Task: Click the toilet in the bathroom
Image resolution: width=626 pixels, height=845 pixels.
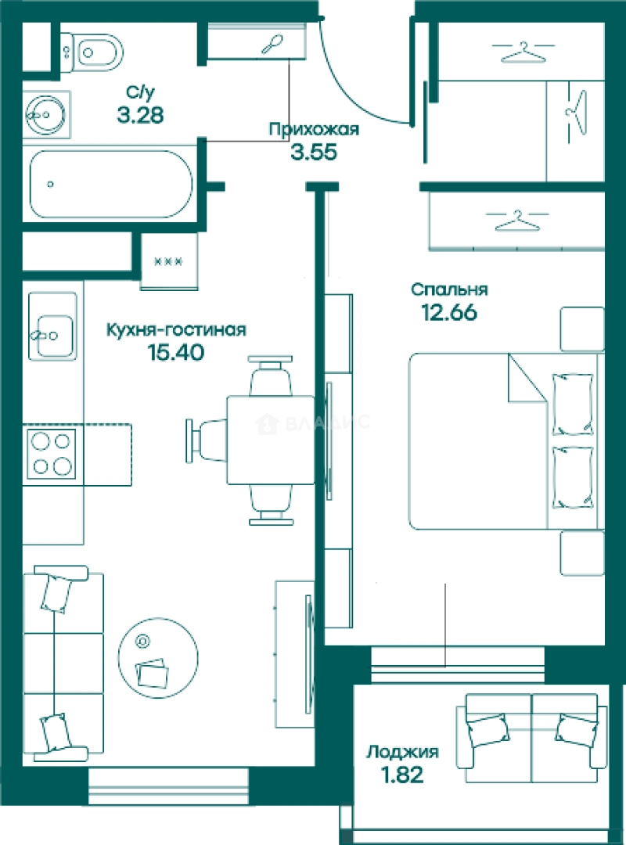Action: (x=92, y=52)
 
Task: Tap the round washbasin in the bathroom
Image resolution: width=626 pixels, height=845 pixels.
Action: (x=46, y=115)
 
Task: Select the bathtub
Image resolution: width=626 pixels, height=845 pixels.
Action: (x=110, y=184)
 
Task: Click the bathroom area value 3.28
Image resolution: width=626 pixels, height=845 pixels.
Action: (x=140, y=115)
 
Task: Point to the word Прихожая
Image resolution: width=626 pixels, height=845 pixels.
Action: (x=314, y=129)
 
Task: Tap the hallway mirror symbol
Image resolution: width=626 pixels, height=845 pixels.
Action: (x=272, y=45)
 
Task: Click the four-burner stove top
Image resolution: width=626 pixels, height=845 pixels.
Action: (x=52, y=455)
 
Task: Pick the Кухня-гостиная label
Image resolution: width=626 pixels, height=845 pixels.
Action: (x=176, y=329)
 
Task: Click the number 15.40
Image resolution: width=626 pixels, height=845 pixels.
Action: (x=176, y=352)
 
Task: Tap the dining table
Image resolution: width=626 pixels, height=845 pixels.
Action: (x=270, y=440)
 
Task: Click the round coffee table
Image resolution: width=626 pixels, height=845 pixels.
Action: (x=158, y=658)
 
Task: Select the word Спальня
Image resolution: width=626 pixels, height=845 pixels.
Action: (x=449, y=289)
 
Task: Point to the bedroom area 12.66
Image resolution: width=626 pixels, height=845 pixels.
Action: (x=449, y=312)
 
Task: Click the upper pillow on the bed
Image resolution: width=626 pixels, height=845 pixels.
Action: (x=573, y=405)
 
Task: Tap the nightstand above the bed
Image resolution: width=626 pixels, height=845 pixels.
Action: (x=582, y=329)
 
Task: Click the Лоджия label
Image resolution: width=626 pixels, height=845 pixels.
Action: (x=403, y=752)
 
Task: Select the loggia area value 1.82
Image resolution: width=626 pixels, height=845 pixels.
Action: (x=402, y=775)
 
